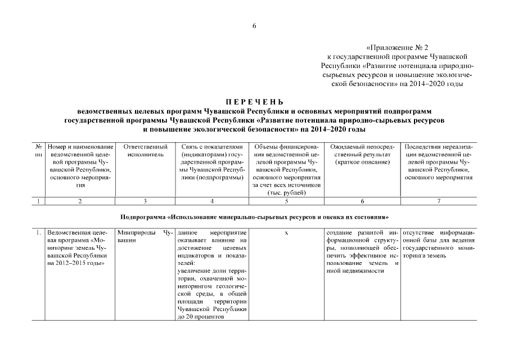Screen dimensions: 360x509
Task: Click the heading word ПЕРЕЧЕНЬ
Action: pos(254,102)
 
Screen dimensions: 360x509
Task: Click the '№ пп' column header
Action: pos(38,150)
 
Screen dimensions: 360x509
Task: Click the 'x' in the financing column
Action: pos(286,232)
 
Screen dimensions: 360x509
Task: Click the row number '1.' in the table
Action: pos(38,232)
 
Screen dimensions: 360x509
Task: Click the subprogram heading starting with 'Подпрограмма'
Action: pos(254,217)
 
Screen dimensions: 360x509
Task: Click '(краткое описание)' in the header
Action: pos(362,162)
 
